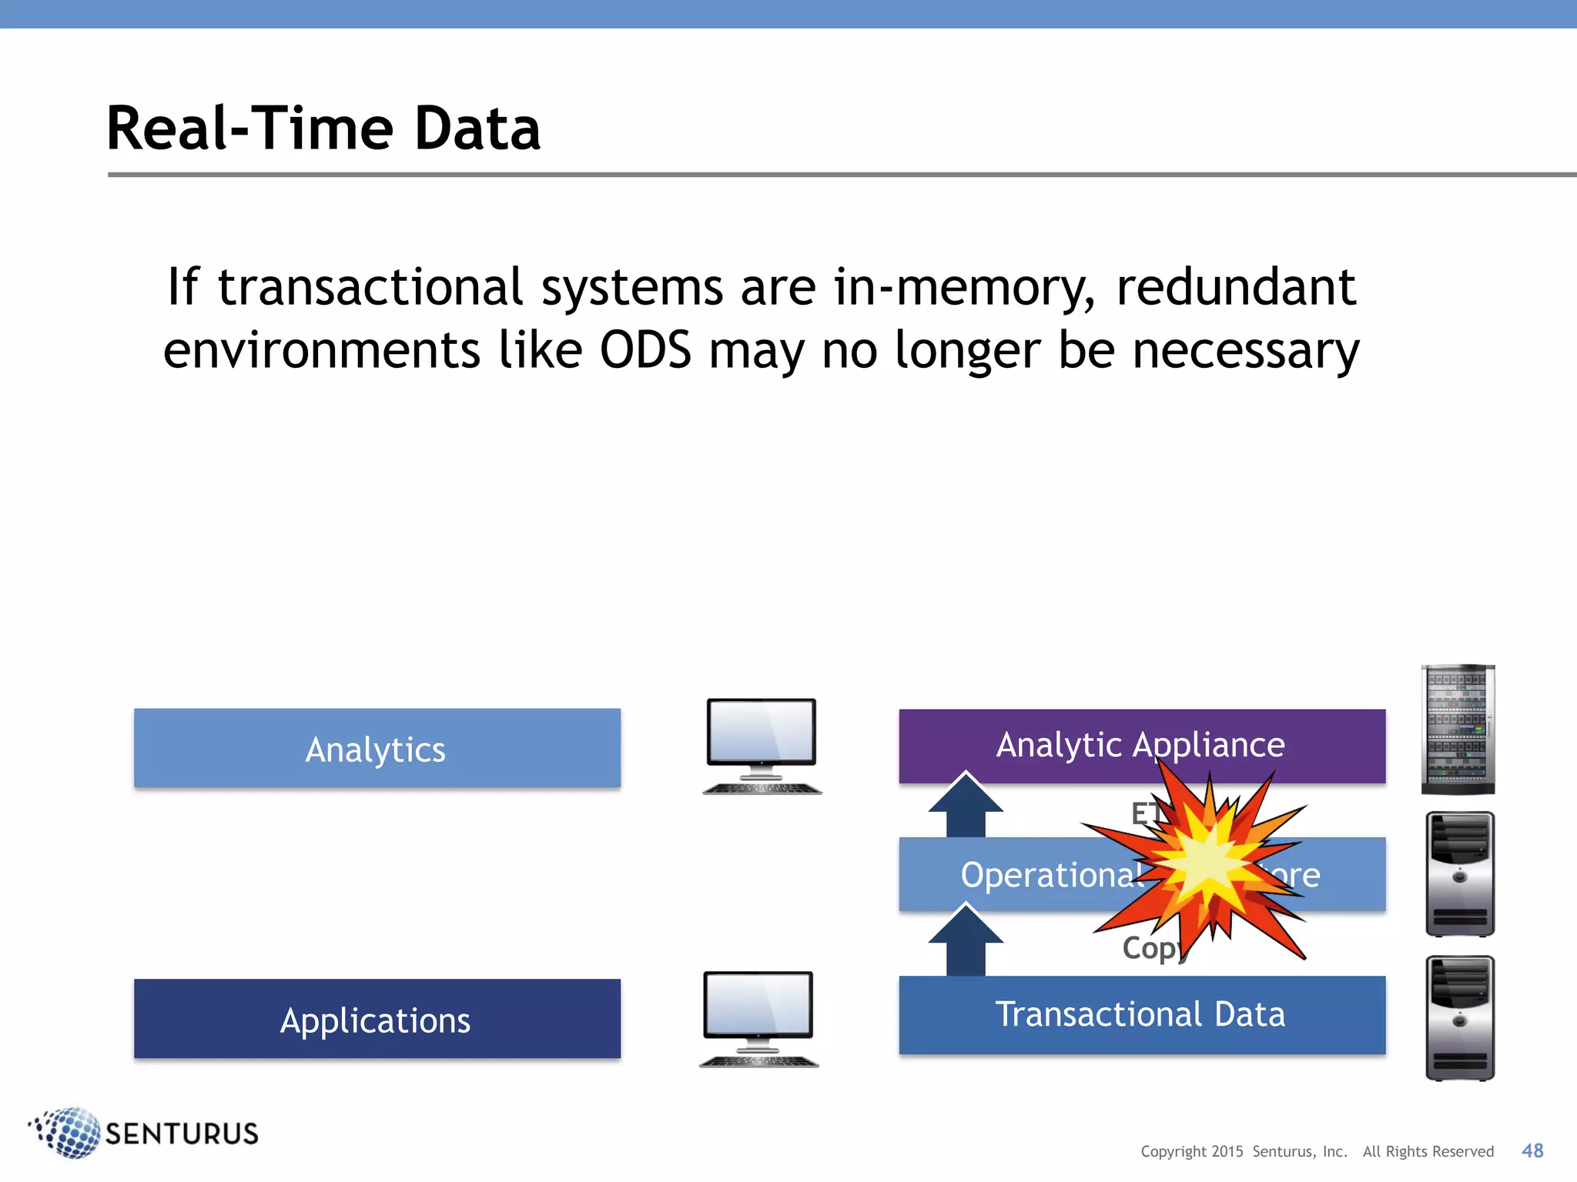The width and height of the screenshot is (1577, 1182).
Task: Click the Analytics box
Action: (377, 748)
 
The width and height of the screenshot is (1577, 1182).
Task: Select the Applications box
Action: (377, 1019)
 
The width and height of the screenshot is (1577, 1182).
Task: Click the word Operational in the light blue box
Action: (1051, 875)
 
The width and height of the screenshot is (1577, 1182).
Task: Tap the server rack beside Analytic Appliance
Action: (1458, 729)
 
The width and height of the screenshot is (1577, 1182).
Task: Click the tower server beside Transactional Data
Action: (1459, 1017)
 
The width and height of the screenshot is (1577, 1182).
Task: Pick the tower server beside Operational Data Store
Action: (1459, 873)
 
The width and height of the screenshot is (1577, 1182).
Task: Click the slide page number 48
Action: (1532, 1150)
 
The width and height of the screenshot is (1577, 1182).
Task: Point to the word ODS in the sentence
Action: (645, 350)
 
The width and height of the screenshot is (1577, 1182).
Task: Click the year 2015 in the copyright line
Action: (1227, 1151)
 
